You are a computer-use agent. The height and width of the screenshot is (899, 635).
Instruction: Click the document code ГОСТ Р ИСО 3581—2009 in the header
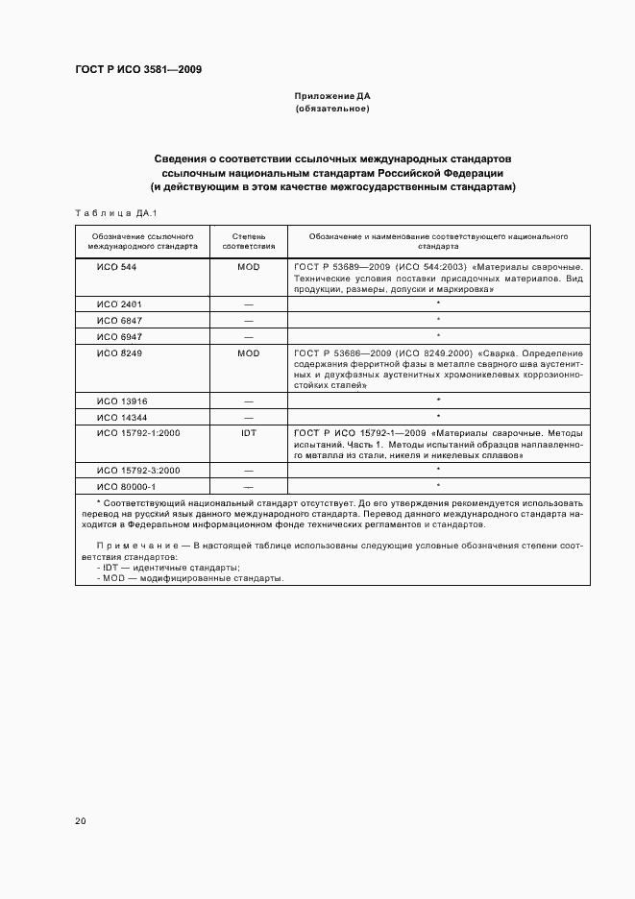click(x=137, y=69)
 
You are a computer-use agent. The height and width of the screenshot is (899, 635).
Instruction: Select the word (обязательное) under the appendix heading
click(x=331, y=109)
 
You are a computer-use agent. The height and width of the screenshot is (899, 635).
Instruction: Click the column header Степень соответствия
click(x=248, y=240)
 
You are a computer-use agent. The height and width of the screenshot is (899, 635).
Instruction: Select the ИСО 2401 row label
click(x=119, y=304)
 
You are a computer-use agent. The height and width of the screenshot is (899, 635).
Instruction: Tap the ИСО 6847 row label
click(x=119, y=320)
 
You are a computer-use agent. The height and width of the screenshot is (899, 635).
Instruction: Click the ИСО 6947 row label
click(x=119, y=337)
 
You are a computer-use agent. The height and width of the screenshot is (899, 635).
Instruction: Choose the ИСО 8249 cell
click(x=119, y=353)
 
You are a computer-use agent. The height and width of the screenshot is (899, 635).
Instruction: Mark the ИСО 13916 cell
click(x=122, y=400)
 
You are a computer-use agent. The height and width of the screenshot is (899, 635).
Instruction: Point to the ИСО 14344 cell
click(x=122, y=417)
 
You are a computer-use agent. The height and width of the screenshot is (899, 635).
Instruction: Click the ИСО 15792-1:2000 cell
click(x=138, y=433)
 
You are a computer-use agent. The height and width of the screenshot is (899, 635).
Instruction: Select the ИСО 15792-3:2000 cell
click(x=138, y=470)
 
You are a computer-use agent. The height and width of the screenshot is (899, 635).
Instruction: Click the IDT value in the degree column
click(x=248, y=433)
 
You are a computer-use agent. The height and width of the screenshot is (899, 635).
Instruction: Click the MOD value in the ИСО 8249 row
click(x=248, y=353)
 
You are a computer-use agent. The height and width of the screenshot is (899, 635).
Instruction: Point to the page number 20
click(x=81, y=820)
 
